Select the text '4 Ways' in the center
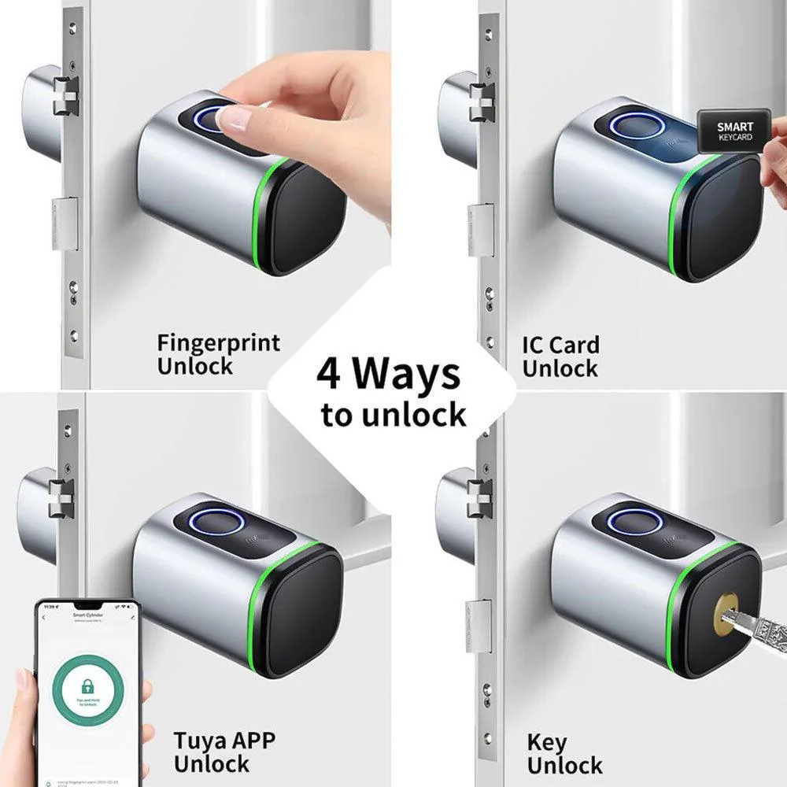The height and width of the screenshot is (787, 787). coord(389,375)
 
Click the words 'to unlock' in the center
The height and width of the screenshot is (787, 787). coord(393,415)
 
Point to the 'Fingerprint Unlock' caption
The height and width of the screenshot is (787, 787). coord(218,354)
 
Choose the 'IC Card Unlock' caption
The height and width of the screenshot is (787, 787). coord(560,357)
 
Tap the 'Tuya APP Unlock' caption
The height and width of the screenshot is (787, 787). coord(224,752)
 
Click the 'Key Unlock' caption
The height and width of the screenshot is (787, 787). coord(564,753)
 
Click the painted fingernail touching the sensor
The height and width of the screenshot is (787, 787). coord(234,119)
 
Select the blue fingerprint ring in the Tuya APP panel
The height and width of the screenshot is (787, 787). coord(212,521)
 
